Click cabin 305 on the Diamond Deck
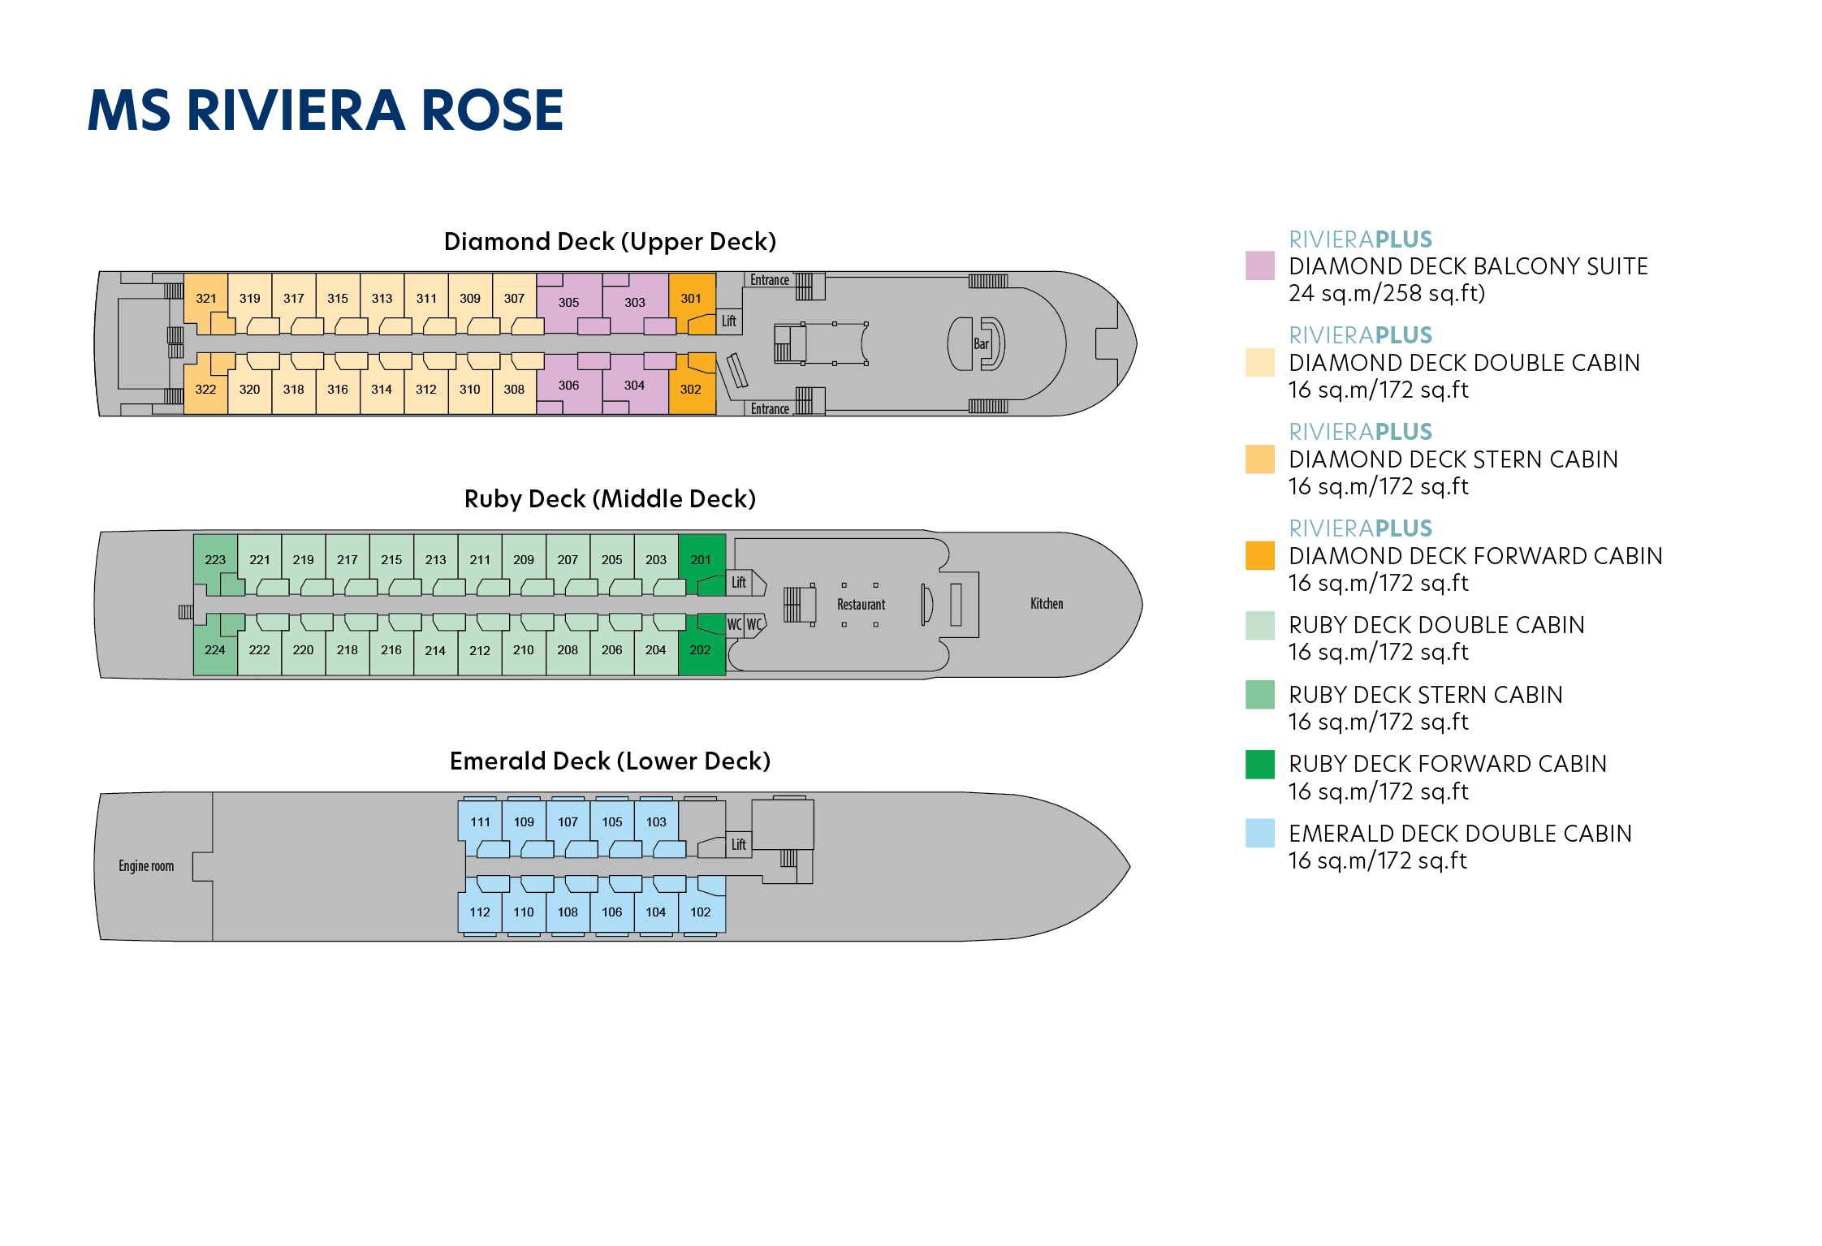568,302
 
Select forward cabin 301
691,298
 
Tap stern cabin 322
205,390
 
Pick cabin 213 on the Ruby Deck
435,559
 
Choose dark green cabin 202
700,649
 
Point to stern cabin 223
215,559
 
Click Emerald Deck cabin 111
480,821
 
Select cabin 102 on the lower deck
700,912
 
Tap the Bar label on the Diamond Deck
981,344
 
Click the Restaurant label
861,605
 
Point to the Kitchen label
1046,604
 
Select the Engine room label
146,866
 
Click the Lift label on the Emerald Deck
738,844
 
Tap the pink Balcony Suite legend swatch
1259,266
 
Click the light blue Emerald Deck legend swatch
1259,834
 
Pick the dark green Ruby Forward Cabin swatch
1259,765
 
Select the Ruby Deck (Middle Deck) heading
609,499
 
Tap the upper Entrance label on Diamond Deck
769,280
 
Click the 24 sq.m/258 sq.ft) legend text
1386,293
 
